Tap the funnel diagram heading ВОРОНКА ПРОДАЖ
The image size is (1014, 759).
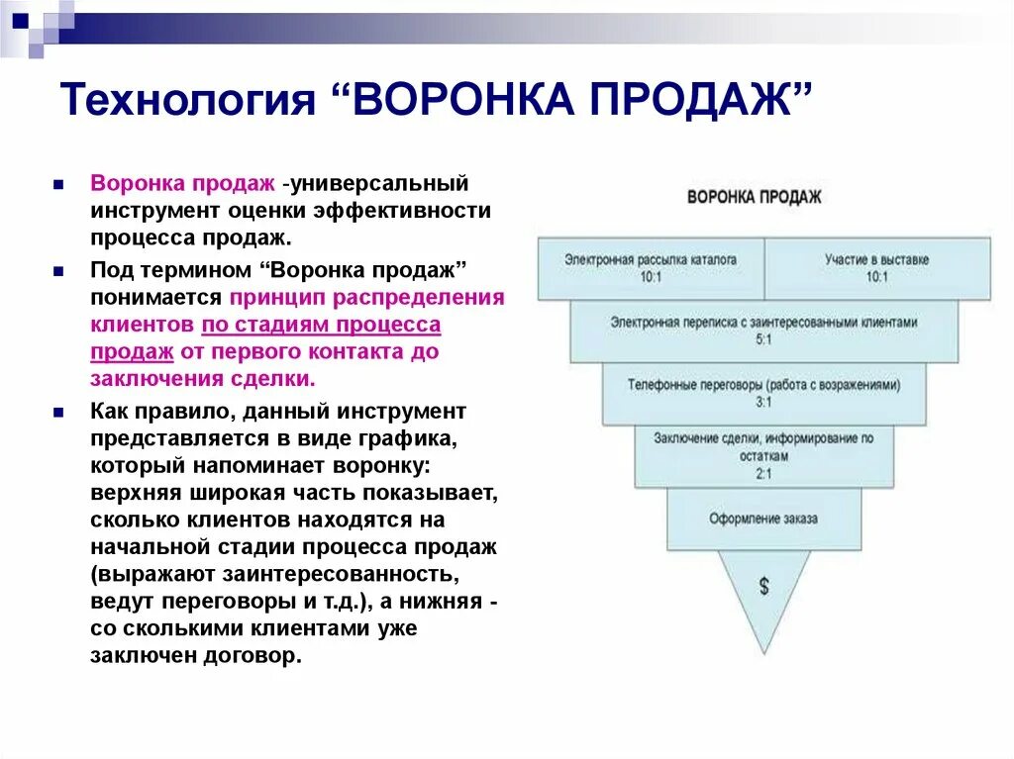coord(755,196)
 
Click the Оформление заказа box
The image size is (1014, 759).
coord(763,519)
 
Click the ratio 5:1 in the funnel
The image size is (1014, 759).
coord(763,338)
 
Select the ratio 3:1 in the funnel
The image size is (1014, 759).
coord(763,402)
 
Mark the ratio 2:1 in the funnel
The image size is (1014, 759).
coord(763,474)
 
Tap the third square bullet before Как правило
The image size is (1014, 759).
coord(60,410)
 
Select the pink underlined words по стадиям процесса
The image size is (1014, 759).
coord(321,325)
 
